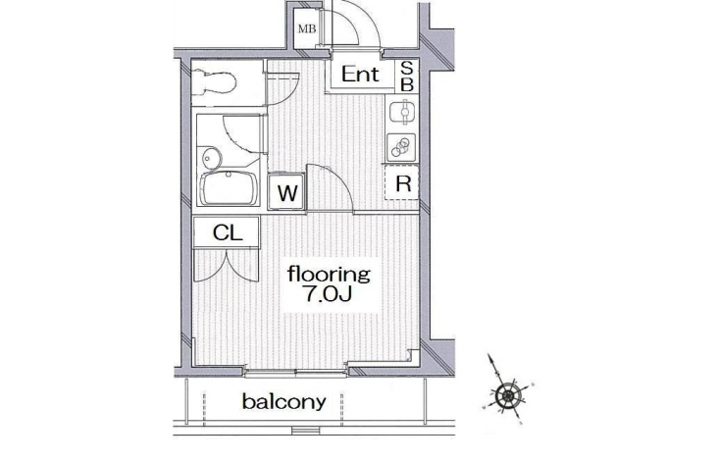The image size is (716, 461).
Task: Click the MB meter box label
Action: pos(307,29)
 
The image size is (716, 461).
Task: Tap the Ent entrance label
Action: pos(360,74)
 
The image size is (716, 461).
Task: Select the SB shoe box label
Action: pos(407,77)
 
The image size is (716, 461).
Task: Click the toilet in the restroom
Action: pos(214,82)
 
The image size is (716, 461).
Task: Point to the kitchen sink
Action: pos(402,112)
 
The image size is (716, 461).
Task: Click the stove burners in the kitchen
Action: pos(402,147)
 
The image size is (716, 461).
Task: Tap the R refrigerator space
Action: pos(402,183)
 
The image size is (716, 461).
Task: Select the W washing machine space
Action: pos(286,191)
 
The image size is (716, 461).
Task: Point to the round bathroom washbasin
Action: pos(211,159)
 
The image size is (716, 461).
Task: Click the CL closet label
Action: pos(227,233)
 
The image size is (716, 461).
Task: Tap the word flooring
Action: pos(329,275)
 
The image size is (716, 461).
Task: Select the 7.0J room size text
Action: pos(329,294)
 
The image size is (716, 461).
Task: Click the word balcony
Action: pos(284,402)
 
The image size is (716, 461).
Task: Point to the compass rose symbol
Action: pos(507,392)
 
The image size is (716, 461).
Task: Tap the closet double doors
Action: pos(227,265)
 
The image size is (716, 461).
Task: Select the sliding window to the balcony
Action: pos(295,373)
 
